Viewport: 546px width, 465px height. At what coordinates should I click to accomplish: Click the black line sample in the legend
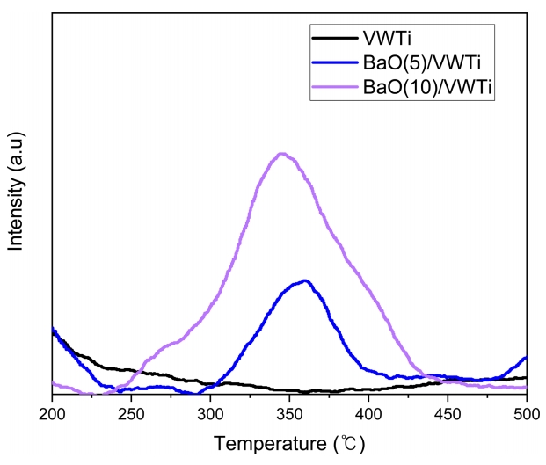[334, 38]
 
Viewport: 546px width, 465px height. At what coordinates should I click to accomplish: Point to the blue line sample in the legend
[334, 62]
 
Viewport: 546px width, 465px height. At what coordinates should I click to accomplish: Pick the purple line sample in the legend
[334, 88]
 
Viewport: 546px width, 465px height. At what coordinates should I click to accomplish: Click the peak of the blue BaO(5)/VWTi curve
[305, 280]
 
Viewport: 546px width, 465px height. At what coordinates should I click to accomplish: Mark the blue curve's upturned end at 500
[525, 358]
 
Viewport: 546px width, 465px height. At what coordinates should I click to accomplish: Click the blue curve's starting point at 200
[54, 331]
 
